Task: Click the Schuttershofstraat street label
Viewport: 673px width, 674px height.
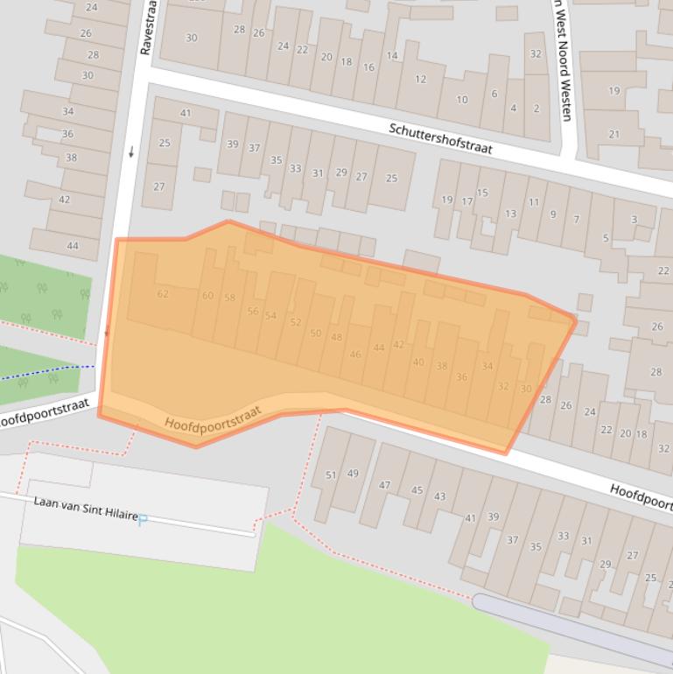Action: pos(440,138)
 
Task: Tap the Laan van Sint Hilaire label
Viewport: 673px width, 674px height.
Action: pos(86,509)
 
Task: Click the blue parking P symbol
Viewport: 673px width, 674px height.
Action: pos(143,520)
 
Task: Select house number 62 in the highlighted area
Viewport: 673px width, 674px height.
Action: pos(163,294)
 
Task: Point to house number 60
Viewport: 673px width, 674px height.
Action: pos(207,296)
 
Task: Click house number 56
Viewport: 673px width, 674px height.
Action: pos(253,312)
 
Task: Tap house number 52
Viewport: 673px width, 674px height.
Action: pos(295,322)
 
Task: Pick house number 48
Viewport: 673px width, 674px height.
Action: pos(336,338)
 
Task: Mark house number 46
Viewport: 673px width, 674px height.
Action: pos(355,355)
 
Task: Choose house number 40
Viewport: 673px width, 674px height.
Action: pos(418,362)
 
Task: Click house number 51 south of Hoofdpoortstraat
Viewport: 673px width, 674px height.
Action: pos(331,475)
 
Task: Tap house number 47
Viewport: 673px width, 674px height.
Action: pos(384,485)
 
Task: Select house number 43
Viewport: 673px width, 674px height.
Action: pos(439,496)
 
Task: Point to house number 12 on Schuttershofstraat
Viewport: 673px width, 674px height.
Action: pos(420,79)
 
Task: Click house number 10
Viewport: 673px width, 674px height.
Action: pos(461,100)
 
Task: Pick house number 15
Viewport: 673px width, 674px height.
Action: pos(482,193)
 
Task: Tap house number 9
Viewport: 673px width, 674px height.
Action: pos(552,214)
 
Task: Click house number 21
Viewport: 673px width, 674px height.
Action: pos(613,134)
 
